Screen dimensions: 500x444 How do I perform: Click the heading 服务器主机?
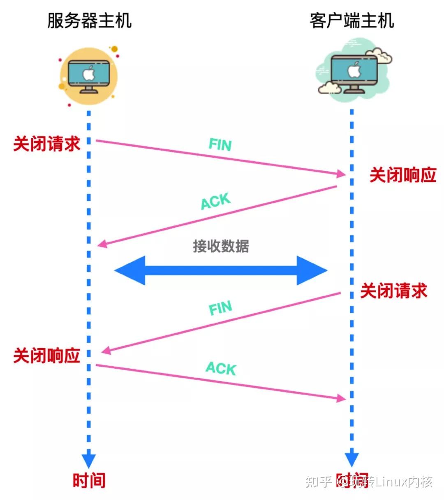[x=89, y=21]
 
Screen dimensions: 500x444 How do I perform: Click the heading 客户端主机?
[x=351, y=21]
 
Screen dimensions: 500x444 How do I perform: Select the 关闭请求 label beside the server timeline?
[x=46, y=144]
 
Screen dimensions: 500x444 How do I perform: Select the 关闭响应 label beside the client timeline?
[x=402, y=175]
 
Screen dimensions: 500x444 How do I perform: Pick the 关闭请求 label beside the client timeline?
[x=393, y=291]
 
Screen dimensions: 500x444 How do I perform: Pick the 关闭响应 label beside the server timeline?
[x=46, y=356]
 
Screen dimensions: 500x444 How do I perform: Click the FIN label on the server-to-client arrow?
[x=220, y=145]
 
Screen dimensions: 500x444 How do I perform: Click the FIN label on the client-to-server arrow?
[x=220, y=308]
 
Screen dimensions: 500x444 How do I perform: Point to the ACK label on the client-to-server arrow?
[x=215, y=201]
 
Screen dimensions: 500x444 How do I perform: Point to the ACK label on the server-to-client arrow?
[x=221, y=368]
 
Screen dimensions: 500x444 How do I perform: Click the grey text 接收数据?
[x=221, y=246]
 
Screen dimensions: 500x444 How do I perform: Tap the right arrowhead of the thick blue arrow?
[x=312, y=270]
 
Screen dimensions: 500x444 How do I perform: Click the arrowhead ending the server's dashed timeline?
[x=89, y=460]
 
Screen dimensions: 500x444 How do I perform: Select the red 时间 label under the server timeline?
[x=89, y=480]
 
